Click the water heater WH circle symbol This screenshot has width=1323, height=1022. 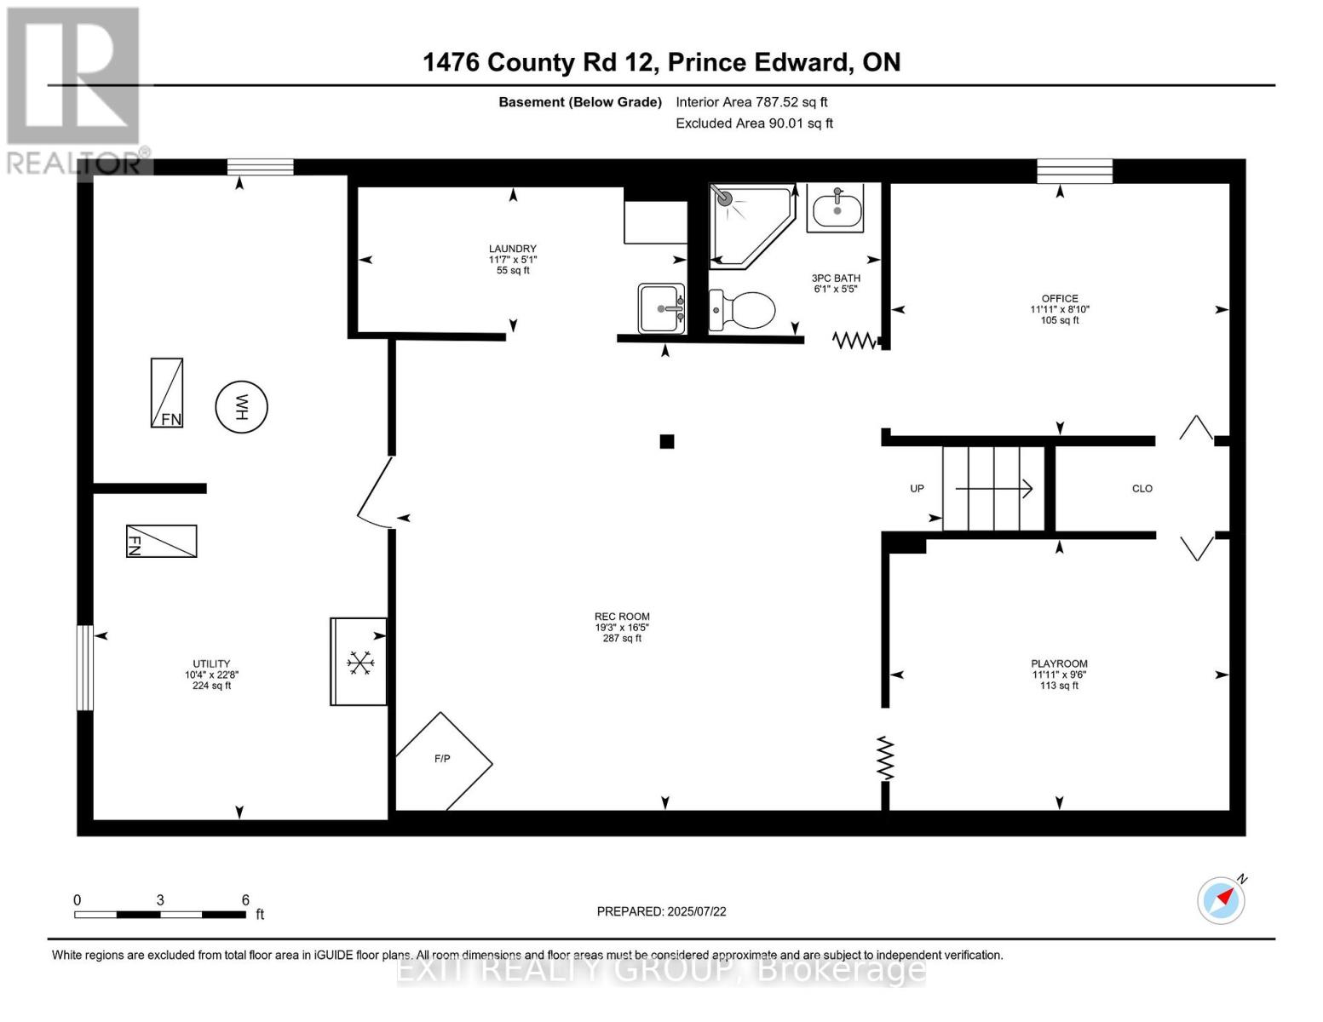[x=241, y=407]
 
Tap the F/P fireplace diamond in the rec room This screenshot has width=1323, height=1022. [x=443, y=761]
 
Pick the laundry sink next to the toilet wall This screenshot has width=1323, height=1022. [x=661, y=308]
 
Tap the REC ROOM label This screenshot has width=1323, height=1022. [x=622, y=617]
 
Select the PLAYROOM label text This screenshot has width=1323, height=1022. [x=1059, y=663]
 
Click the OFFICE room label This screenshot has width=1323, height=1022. [x=1060, y=298]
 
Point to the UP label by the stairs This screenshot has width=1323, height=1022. [x=917, y=489]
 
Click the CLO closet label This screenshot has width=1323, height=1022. [x=1142, y=489]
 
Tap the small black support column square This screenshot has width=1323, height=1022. [x=667, y=441]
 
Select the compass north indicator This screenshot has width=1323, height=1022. [x=1222, y=899]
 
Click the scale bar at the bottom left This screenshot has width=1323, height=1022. [x=160, y=914]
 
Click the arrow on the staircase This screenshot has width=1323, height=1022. [x=993, y=489]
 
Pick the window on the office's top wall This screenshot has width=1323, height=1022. [x=1074, y=171]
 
